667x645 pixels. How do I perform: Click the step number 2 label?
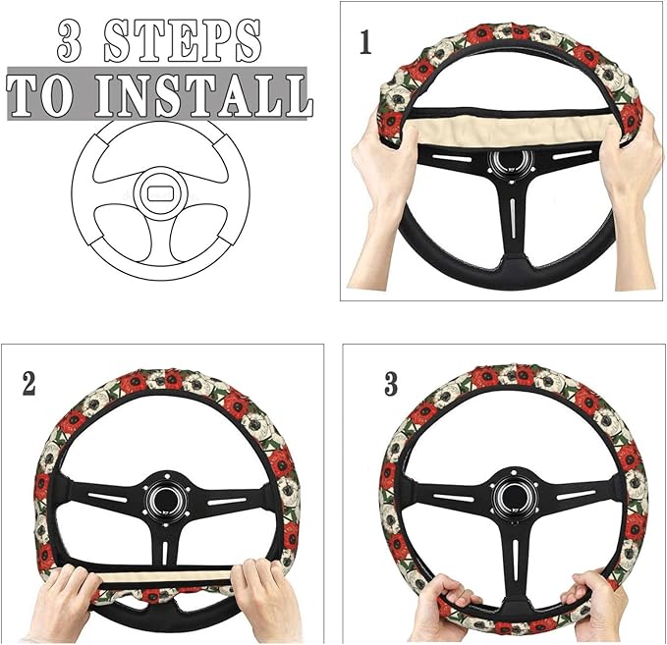(28, 384)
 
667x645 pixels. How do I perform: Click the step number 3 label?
(391, 384)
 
